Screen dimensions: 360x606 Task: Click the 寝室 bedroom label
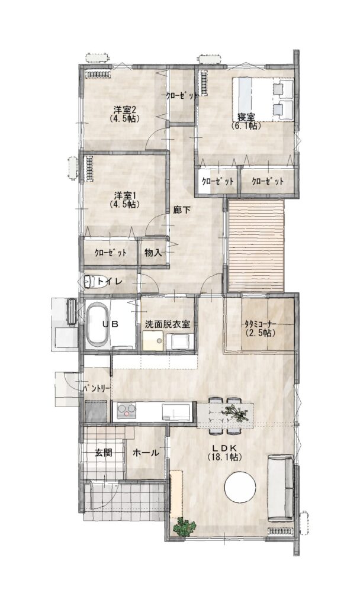[246, 117]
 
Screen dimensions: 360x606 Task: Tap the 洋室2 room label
[124, 109]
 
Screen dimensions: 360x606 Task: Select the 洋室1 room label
[124, 194]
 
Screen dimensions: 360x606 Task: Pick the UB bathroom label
[110, 324]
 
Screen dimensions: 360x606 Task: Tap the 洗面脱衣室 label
[168, 324]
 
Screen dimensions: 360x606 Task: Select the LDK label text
[224, 448]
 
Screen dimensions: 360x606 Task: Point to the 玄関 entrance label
[103, 453]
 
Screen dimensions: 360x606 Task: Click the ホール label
[146, 453]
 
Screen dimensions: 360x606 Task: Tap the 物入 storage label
[153, 253]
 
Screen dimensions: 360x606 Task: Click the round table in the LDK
[240, 487]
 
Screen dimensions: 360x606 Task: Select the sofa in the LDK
[281, 488]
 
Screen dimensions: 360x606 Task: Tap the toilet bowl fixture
[89, 282]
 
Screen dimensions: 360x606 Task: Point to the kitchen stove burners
[127, 410]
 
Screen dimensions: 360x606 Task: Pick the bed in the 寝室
[263, 99]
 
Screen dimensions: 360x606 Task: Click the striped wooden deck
[256, 246]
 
